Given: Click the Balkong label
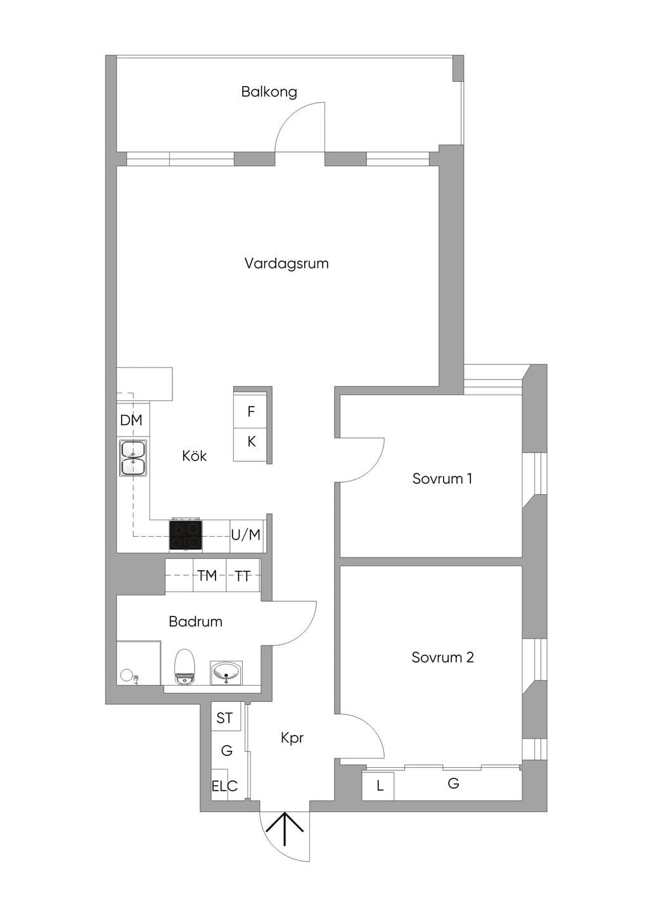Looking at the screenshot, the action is click(x=269, y=92).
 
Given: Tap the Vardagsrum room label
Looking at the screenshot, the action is click(x=286, y=263).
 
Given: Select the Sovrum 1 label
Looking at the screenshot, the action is click(x=442, y=478).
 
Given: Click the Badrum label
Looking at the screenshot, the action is click(x=196, y=622).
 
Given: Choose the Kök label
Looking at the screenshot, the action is click(x=195, y=456).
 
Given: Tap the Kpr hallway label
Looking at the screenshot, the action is click(x=292, y=738).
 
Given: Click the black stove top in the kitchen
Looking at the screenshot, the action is click(x=186, y=535).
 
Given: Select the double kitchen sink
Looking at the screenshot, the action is click(x=133, y=458).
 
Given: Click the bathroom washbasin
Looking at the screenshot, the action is click(x=226, y=673).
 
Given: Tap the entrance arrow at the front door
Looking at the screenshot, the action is click(x=285, y=828).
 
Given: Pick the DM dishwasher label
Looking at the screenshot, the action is click(x=131, y=420).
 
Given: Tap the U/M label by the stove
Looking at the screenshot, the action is click(x=246, y=535).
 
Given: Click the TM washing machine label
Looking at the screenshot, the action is click(x=207, y=575).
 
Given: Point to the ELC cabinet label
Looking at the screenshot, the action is click(x=224, y=786).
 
